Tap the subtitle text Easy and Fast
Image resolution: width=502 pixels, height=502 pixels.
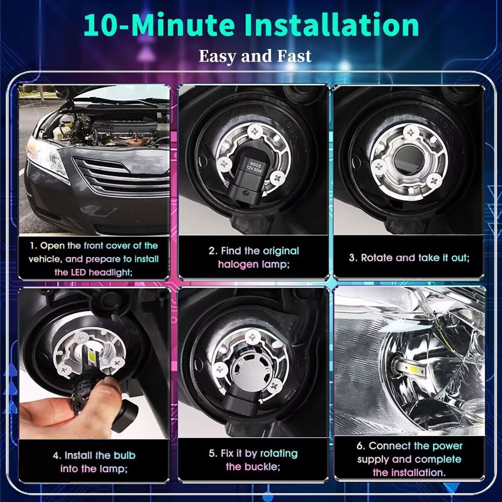click(255, 55)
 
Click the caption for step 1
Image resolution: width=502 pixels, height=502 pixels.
click(94, 259)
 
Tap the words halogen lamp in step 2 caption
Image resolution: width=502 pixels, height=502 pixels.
click(254, 265)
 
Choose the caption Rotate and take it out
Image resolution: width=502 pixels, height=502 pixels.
click(409, 258)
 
